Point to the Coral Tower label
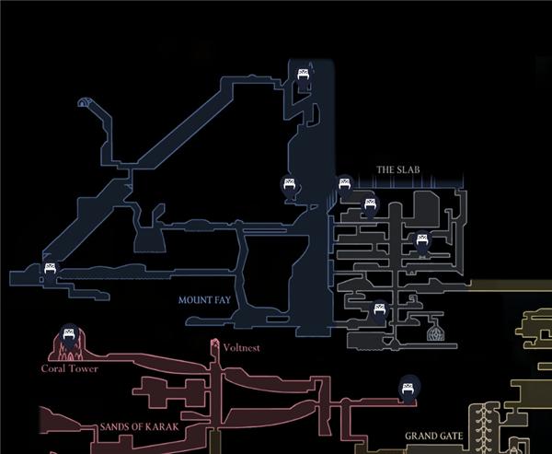click(69, 368)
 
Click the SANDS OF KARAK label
click(137, 428)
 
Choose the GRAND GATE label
click(431, 436)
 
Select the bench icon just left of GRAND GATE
click(406, 388)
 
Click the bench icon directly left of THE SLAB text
click(344, 184)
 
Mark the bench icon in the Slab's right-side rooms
click(422, 242)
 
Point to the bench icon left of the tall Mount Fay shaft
click(290, 186)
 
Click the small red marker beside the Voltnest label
click(215, 346)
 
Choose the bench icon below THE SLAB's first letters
click(370, 204)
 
